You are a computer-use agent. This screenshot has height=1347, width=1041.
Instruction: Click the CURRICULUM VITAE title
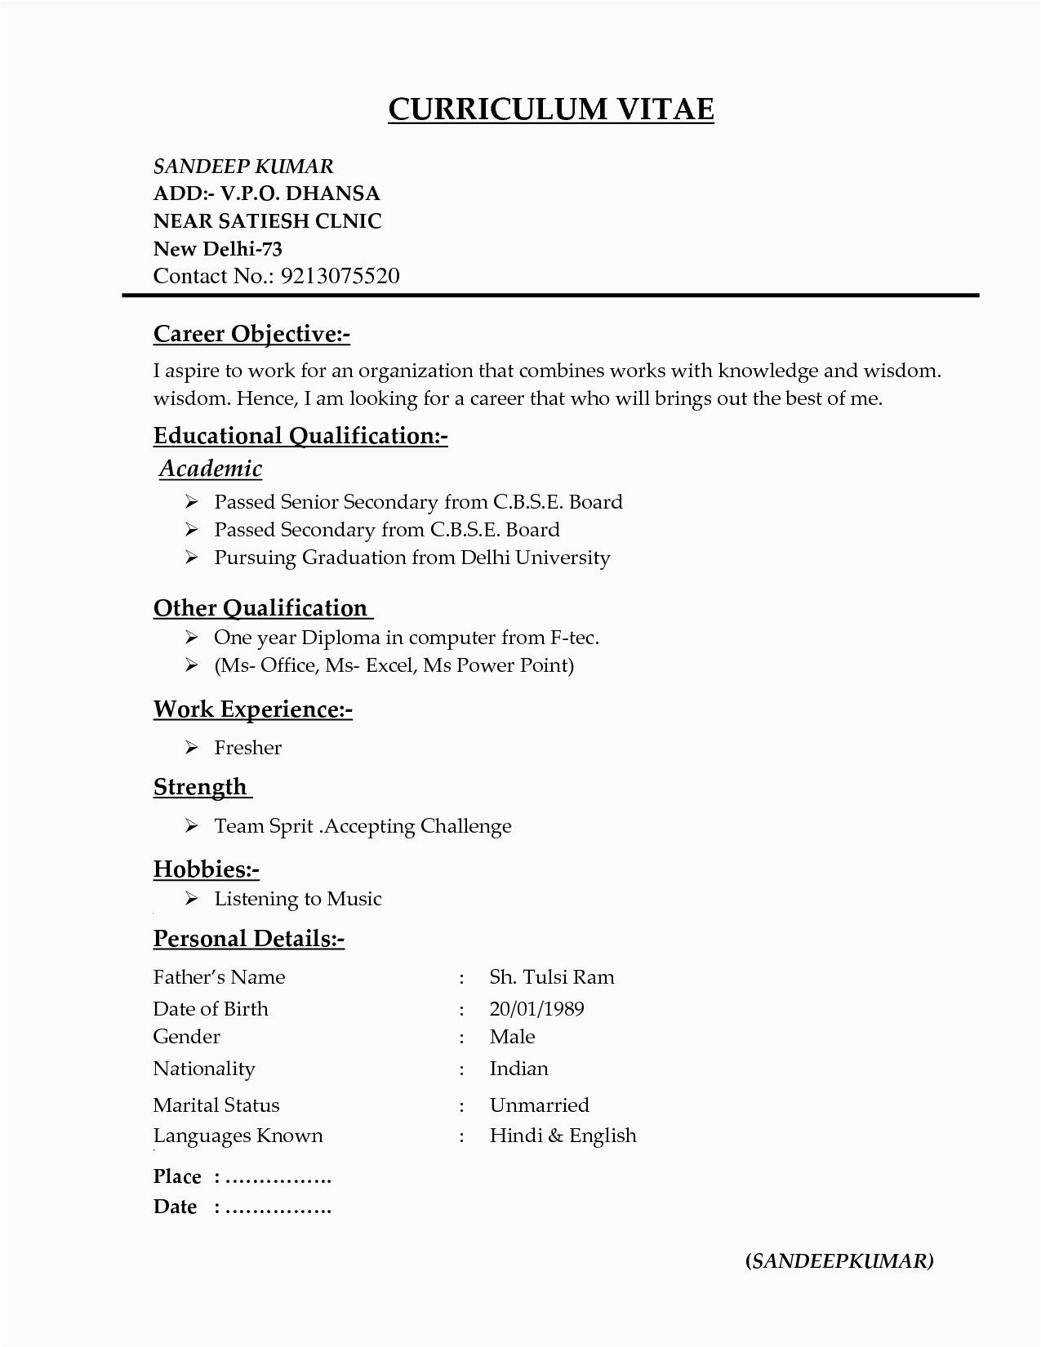coord(550,109)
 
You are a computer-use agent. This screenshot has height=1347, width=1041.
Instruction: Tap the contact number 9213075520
coord(340,276)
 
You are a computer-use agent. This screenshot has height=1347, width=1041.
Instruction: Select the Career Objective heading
coord(251,334)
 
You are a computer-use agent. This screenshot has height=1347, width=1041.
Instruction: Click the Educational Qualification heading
coord(300,436)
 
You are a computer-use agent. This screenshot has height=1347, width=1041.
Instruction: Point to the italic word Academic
coord(211,469)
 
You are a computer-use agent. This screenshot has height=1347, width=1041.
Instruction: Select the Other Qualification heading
coord(261,608)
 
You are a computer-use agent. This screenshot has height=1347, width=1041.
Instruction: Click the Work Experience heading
coord(252,709)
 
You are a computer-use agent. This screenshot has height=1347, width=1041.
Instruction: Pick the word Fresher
coord(247,748)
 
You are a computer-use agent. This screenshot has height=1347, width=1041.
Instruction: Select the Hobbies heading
coord(206,869)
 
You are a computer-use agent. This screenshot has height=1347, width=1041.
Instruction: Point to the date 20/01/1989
coord(536,1009)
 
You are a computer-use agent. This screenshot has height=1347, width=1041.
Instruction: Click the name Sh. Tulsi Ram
coord(551,977)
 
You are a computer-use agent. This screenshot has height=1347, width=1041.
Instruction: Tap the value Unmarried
coord(539,1105)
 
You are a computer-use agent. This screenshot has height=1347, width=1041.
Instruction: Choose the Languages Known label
coord(238,1136)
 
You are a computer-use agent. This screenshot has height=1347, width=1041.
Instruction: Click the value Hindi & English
coord(563,1136)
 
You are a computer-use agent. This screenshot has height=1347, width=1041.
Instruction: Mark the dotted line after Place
coord(278,1178)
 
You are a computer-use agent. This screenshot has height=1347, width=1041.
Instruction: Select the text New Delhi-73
coord(217,249)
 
